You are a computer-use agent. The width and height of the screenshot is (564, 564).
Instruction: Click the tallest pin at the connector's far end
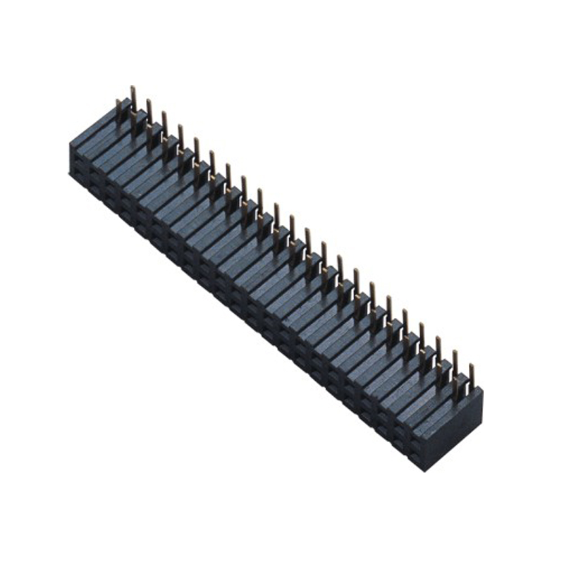(133, 99)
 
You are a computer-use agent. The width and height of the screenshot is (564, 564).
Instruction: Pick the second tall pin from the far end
(149, 111)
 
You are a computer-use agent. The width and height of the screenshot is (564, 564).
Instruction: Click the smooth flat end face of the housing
(454, 430)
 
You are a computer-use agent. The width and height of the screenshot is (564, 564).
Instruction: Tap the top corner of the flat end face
(482, 389)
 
